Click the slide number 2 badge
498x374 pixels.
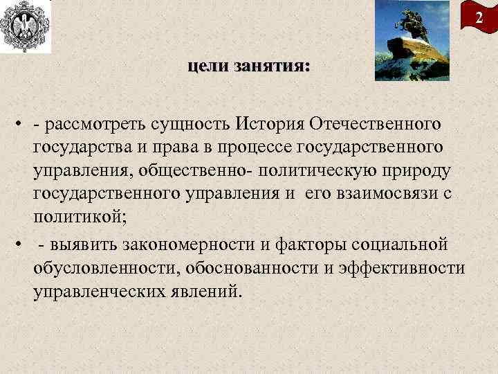pyautogui.click(x=479, y=17)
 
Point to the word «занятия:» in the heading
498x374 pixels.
pyautogui.click(x=273, y=66)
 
